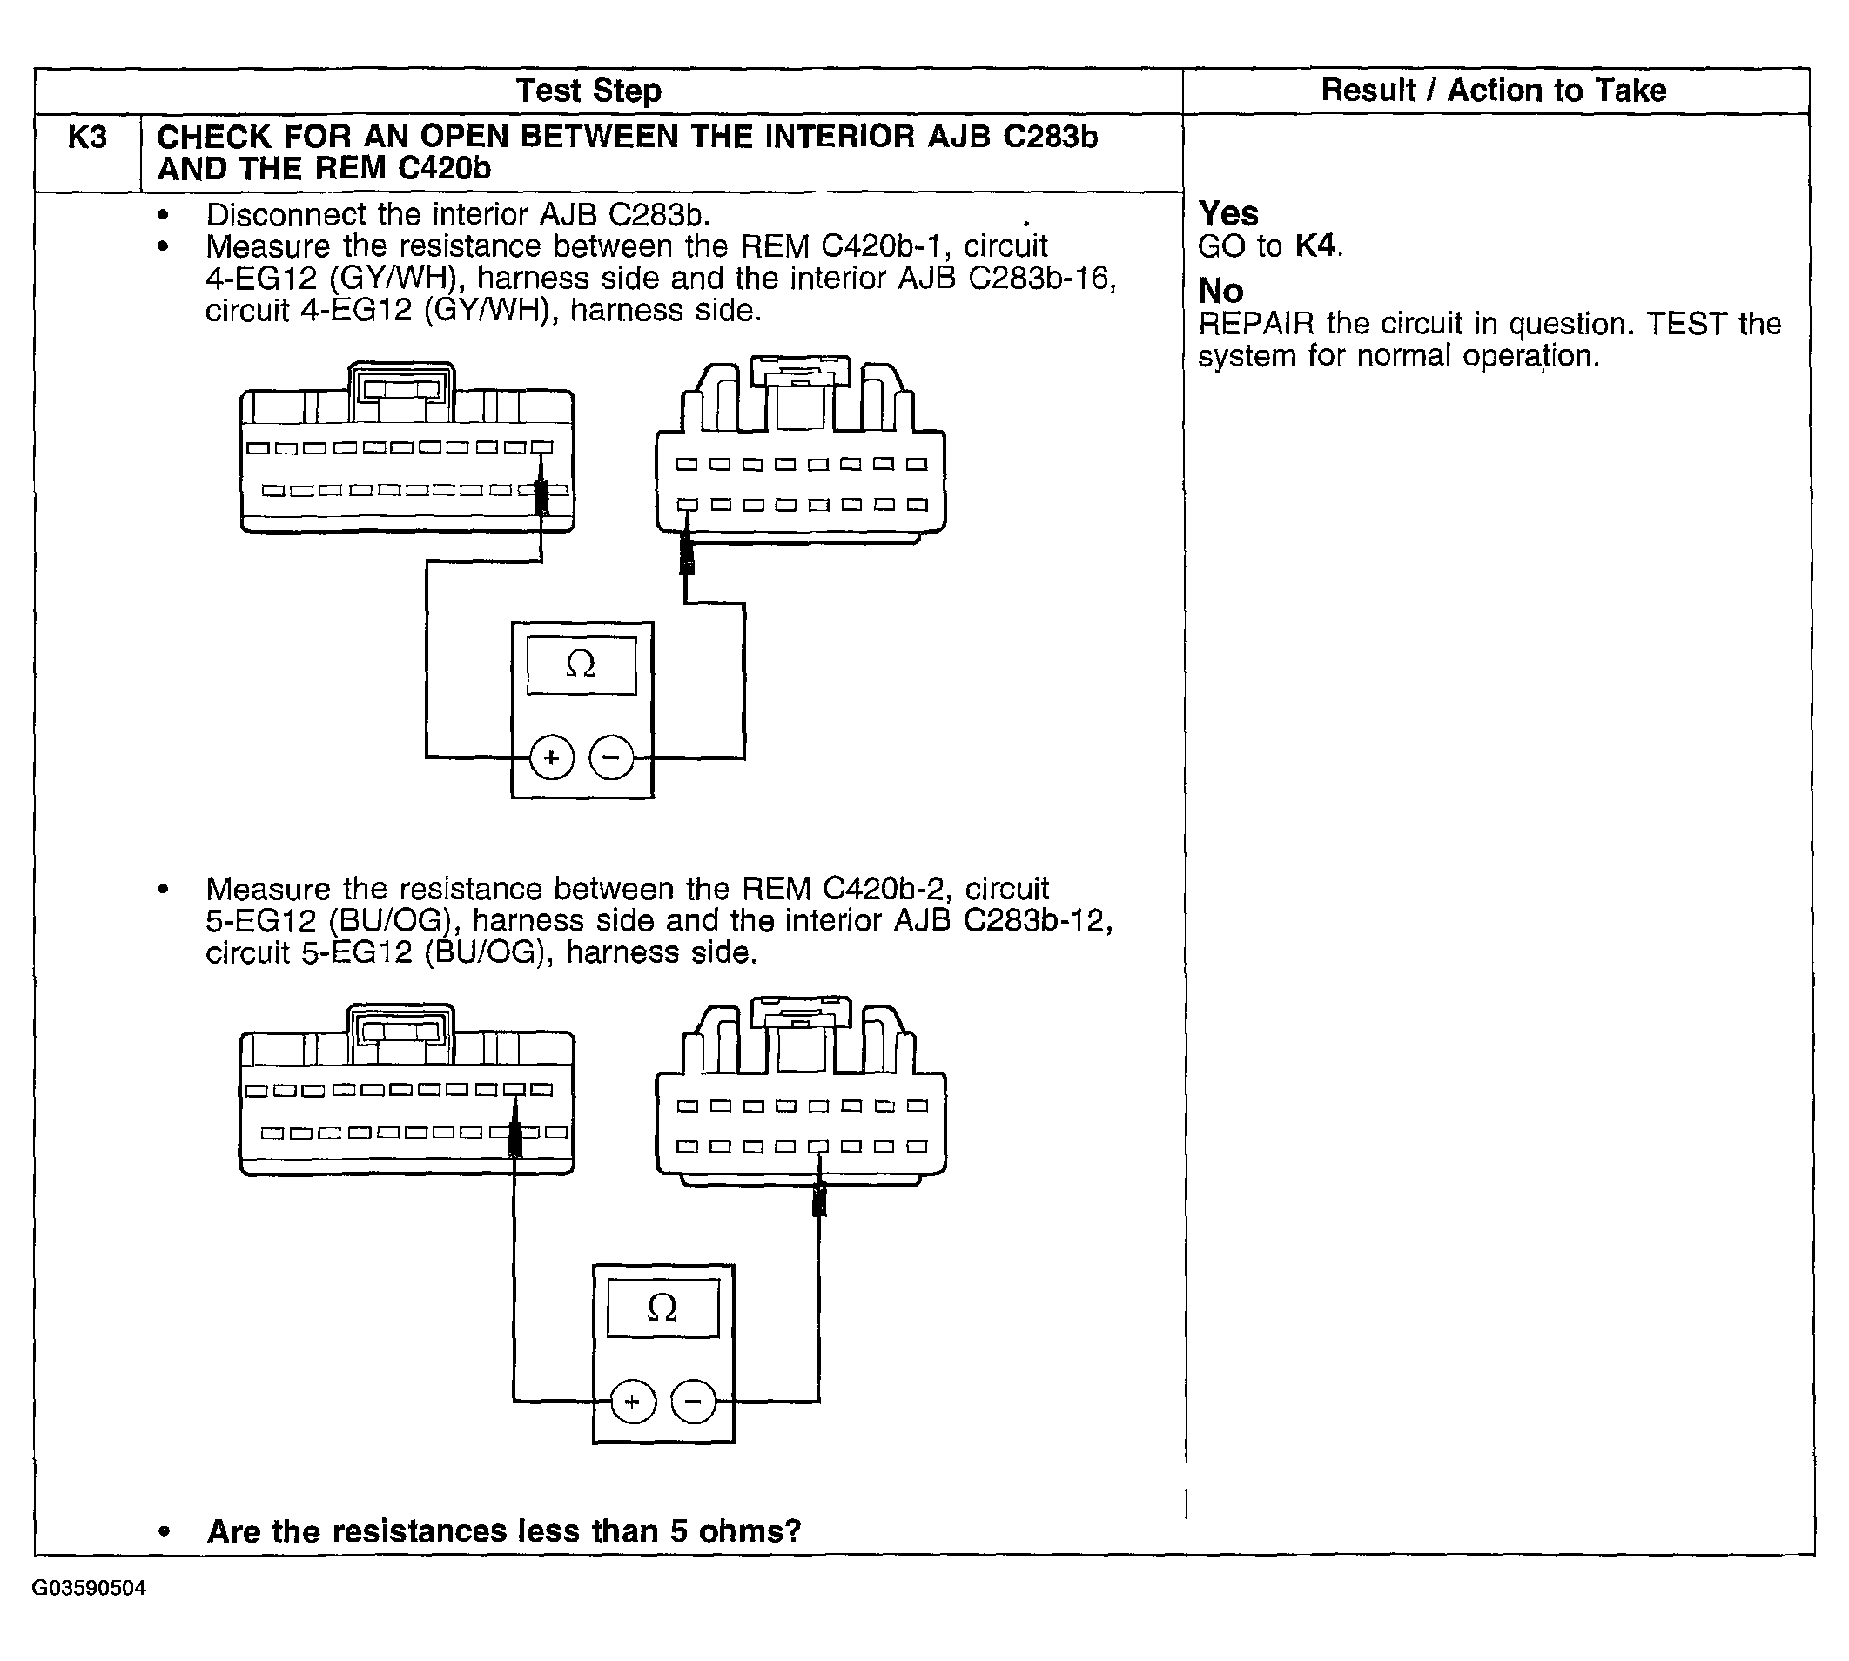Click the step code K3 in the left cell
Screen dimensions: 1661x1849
point(88,138)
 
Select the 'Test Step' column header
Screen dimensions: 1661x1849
point(588,91)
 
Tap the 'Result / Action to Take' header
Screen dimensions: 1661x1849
point(1493,91)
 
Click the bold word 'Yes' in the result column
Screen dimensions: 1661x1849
point(1227,213)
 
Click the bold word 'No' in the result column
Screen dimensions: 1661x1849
point(1220,291)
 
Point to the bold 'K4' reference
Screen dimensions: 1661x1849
point(1314,245)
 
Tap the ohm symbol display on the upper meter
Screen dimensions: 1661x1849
point(582,665)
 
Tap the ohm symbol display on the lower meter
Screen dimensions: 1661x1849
point(662,1308)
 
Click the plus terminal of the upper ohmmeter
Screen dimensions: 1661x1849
point(551,757)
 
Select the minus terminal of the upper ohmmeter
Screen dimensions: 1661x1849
point(611,757)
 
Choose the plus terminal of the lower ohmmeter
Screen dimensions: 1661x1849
point(633,1401)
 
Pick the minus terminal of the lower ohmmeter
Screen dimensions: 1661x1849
point(694,1401)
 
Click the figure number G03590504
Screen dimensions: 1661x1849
point(89,1588)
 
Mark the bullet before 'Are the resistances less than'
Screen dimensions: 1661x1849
point(164,1532)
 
